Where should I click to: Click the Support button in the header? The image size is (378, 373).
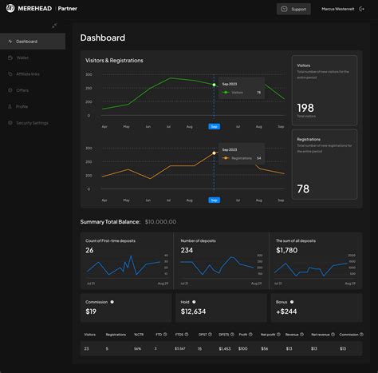tap(293, 9)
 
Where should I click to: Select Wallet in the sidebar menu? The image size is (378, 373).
tap(23, 58)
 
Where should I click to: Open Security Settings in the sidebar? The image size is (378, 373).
tap(32, 122)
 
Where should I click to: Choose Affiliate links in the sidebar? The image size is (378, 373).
tap(28, 73)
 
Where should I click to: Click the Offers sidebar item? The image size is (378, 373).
tap(22, 90)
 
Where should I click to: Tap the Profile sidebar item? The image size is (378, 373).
tap(22, 106)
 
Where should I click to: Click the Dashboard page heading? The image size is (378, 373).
tap(103, 38)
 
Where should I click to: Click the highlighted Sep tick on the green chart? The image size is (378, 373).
tap(214, 126)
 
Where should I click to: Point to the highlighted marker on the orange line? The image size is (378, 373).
tap(214, 153)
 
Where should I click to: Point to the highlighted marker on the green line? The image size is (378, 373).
tap(214, 84)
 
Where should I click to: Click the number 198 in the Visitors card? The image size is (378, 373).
tap(305, 107)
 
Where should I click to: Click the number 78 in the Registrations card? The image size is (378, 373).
tap(304, 188)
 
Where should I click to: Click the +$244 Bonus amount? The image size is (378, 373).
tap(286, 311)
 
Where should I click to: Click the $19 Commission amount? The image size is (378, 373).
tap(91, 311)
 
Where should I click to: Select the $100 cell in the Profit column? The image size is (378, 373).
tap(244, 348)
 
